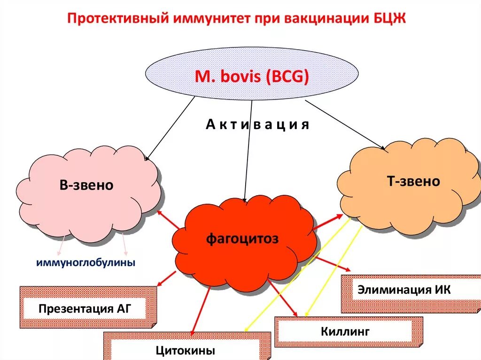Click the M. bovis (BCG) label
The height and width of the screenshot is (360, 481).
[x=252, y=76]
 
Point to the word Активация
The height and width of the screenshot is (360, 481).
[x=257, y=125]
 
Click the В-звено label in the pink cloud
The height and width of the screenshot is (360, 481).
[x=86, y=185]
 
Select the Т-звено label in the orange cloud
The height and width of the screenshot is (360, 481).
[x=407, y=181]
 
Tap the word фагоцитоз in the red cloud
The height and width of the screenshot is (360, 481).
[x=242, y=238]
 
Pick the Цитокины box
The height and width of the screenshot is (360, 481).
[x=186, y=350]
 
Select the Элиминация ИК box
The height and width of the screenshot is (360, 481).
[x=404, y=290]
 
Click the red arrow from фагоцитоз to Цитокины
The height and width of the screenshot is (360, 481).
[x=200, y=310]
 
